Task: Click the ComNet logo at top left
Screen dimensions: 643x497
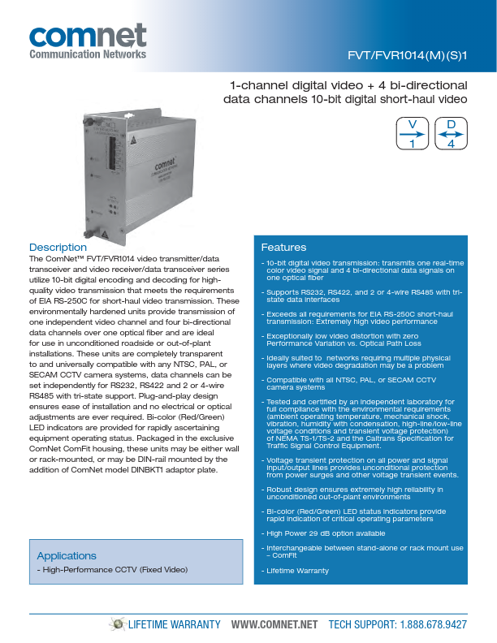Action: click(88, 37)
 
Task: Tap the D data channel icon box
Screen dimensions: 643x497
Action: click(452, 134)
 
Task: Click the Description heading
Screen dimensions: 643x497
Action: click(58, 247)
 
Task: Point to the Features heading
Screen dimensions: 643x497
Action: click(283, 247)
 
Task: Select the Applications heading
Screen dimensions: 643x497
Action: click(67, 555)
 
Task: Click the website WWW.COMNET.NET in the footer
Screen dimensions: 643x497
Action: click(274, 624)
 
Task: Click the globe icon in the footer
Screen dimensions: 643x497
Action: click(118, 624)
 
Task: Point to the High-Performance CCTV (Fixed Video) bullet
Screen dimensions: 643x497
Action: click(114, 570)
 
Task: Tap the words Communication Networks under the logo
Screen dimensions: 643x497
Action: click(88, 54)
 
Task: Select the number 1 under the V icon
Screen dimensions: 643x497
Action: click(412, 144)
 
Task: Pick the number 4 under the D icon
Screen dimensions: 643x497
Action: click(452, 144)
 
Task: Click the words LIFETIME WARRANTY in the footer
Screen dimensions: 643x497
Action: click(175, 624)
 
